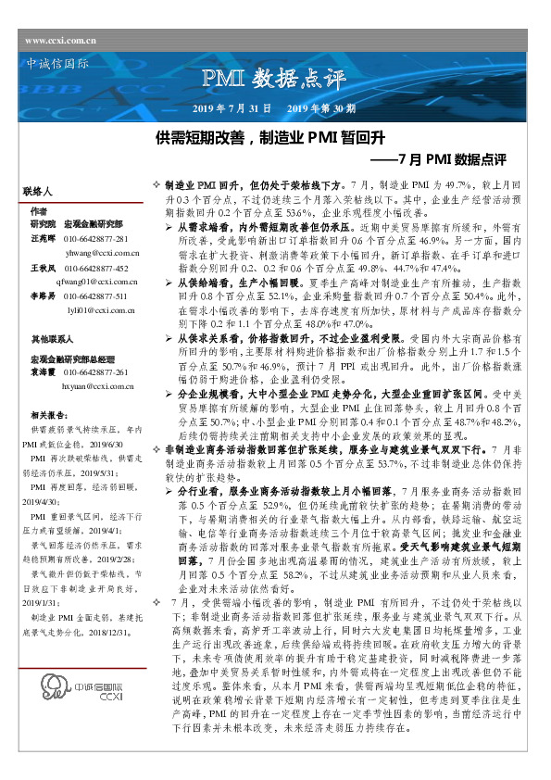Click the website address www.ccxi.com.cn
61,41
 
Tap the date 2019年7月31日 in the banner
232,108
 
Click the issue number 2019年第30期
321,108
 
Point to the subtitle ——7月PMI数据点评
445,159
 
